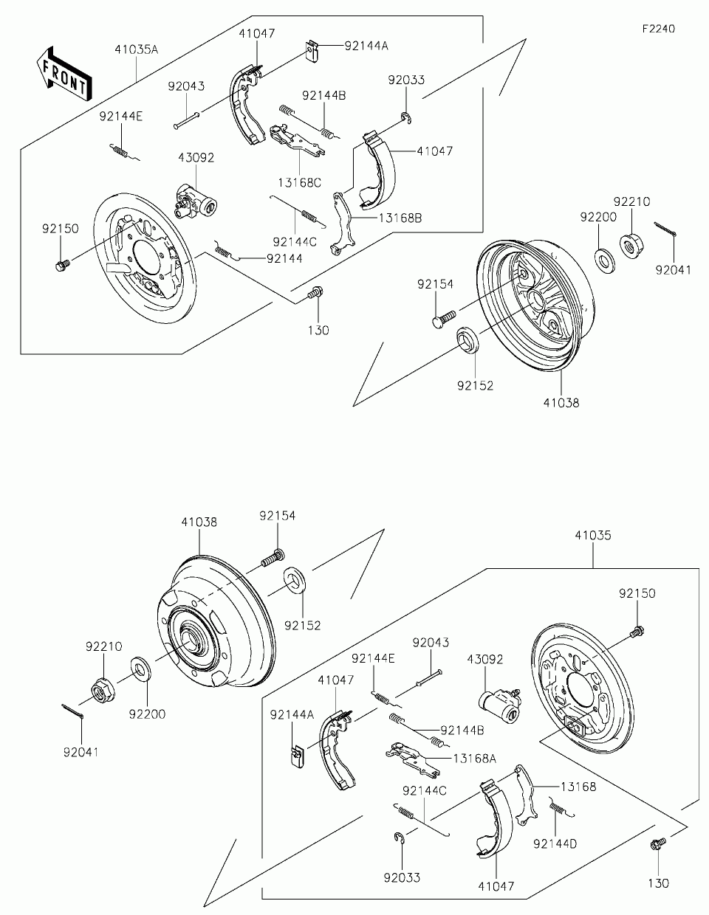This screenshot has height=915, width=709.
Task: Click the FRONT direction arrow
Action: pyautogui.click(x=64, y=74)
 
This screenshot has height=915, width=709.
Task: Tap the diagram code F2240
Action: pyautogui.click(x=659, y=29)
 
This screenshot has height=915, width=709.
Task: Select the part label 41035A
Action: pyautogui.click(x=137, y=49)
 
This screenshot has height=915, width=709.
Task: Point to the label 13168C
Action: pyautogui.click(x=300, y=183)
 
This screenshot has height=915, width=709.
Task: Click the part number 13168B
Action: pyautogui.click(x=400, y=218)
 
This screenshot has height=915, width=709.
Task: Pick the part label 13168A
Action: pyautogui.click(x=475, y=759)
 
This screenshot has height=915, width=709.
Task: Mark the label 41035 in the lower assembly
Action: pyautogui.click(x=593, y=536)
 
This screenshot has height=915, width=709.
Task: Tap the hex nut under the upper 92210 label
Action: pyautogui.click(x=631, y=246)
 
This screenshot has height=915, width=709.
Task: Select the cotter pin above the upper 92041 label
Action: pyautogui.click(x=665, y=229)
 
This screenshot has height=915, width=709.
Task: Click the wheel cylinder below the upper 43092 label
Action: pyautogui.click(x=195, y=201)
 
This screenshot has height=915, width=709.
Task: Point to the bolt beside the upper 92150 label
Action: pyautogui.click(x=62, y=266)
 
